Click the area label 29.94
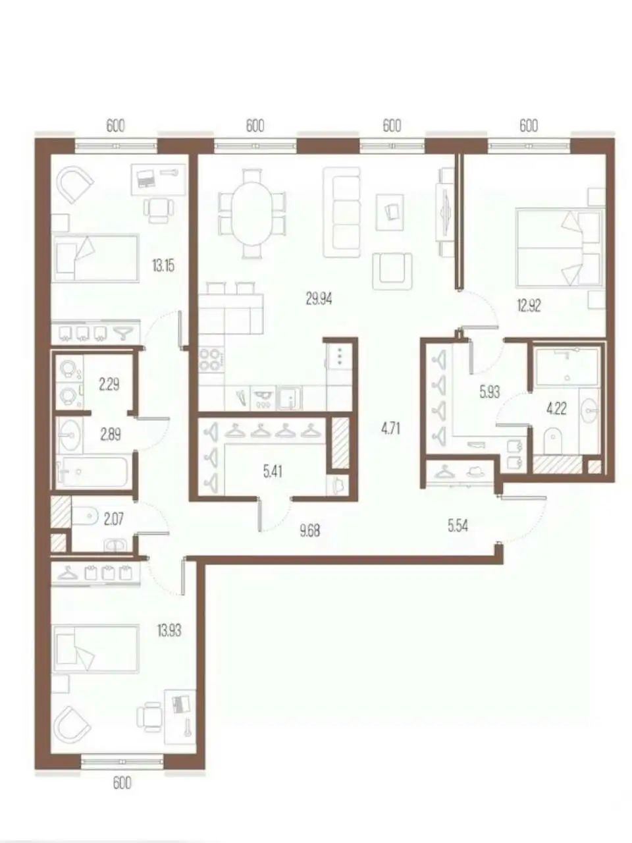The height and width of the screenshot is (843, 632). click(319, 298)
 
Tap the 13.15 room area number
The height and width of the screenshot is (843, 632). click(163, 265)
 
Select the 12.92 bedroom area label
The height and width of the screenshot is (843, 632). click(529, 306)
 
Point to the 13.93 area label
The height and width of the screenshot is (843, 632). click(169, 630)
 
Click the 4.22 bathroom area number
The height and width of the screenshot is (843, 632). click(556, 408)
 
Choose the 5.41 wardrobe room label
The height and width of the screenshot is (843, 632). click(273, 472)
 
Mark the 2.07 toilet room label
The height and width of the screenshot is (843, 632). click(114, 519)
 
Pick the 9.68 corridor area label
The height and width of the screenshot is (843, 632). click(309, 531)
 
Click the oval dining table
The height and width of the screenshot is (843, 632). click(253, 213)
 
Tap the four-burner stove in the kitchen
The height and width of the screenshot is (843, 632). click(211, 360)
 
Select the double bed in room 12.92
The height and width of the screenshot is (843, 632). click(559, 248)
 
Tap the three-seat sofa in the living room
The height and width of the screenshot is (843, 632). click(342, 212)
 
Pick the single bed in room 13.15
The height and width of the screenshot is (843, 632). click(96, 258)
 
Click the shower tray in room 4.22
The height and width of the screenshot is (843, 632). click(567, 366)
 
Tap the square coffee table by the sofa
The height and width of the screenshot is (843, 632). click(390, 212)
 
